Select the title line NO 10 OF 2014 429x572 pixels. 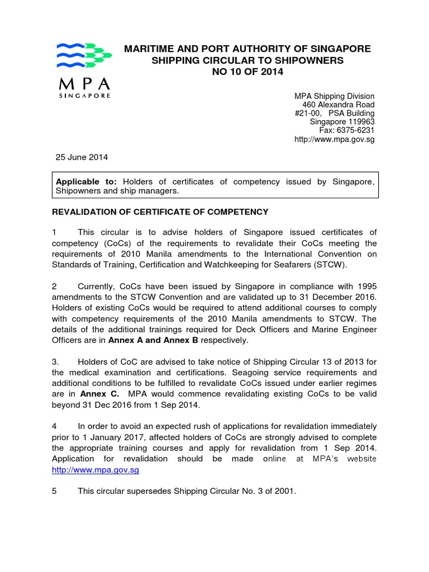pos(247,72)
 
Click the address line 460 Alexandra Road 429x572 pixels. pos(339,105)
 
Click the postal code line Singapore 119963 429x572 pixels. pos(342,122)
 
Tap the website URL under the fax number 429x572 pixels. pos(334,139)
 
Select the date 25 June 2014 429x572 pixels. pos(82,158)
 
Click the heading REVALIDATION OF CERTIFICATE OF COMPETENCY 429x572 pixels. pos(160,212)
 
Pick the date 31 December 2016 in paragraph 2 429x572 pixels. pos(341,297)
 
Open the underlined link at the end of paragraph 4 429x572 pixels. pos(95,470)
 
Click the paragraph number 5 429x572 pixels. pos(54,492)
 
